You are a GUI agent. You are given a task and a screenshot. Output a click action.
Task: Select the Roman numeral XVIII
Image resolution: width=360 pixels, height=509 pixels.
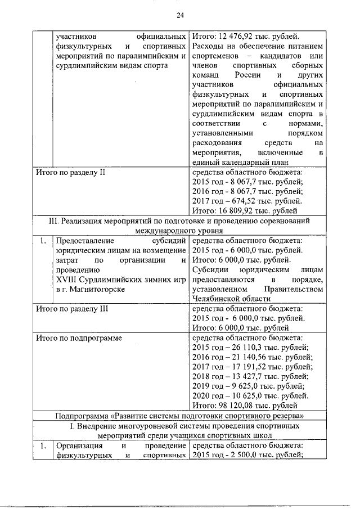click(68, 279)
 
